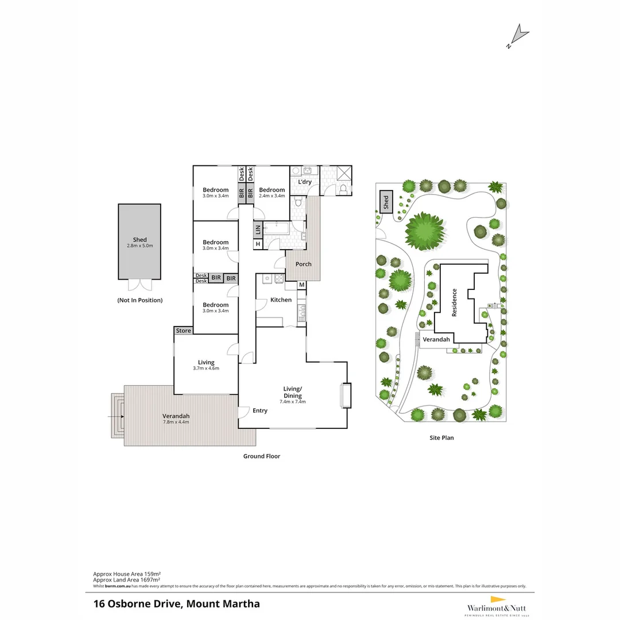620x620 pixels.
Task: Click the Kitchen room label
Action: [x=281, y=300]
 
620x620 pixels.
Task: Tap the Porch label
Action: [x=304, y=264]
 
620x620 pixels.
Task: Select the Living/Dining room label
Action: [x=292, y=392]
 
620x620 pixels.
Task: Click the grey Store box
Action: [x=183, y=331]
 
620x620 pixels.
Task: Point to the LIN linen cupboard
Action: [x=258, y=230]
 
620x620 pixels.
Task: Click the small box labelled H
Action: [x=258, y=244]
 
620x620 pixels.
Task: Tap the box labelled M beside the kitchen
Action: [x=301, y=285]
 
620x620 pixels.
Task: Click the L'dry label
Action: [x=304, y=182]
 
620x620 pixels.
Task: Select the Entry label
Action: [x=260, y=410]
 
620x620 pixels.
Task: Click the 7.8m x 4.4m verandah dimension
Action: [x=176, y=422]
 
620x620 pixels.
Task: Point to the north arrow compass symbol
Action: [x=518, y=36]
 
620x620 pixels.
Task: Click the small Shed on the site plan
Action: [x=386, y=202]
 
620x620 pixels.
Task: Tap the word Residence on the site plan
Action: [x=454, y=303]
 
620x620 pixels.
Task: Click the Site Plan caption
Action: [x=441, y=438]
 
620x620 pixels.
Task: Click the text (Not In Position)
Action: [x=139, y=300]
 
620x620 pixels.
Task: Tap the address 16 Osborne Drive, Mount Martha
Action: [x=176, y=603]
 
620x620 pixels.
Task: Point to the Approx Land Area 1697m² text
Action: [x=127, y=580]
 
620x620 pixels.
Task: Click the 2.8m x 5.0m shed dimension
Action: [x=139, y=246]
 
